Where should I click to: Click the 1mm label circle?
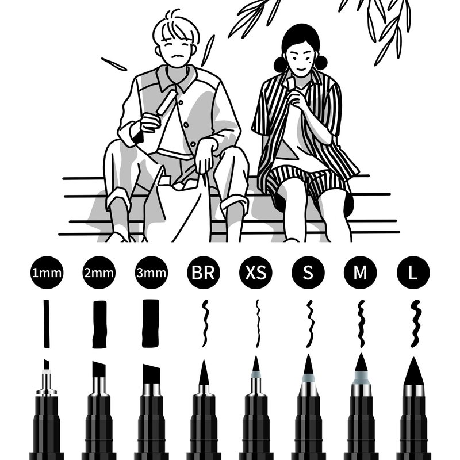[47, 273]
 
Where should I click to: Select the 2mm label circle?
[99, 273]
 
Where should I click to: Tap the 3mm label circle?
[151, 273]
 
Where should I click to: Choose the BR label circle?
[204, 273]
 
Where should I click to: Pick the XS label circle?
[255, 273]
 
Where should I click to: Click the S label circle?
[308, 273]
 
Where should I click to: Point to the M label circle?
[361, 273]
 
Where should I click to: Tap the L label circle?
[413, 273]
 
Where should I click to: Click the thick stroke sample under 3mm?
[151, 324]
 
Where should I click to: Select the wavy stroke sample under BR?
[205, 324]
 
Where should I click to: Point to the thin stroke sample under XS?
[258, 324]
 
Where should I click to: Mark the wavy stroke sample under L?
[416, 324]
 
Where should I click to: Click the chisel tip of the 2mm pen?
[99, 369]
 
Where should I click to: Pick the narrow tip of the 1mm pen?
[46, 365]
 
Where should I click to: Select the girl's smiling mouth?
[301, 70]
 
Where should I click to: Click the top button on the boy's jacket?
[181, 102]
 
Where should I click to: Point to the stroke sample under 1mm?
[47, 324]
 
